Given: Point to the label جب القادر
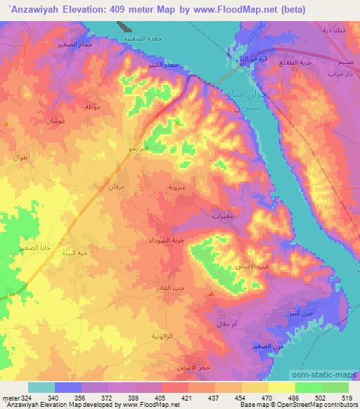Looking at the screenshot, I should (169, 289).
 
